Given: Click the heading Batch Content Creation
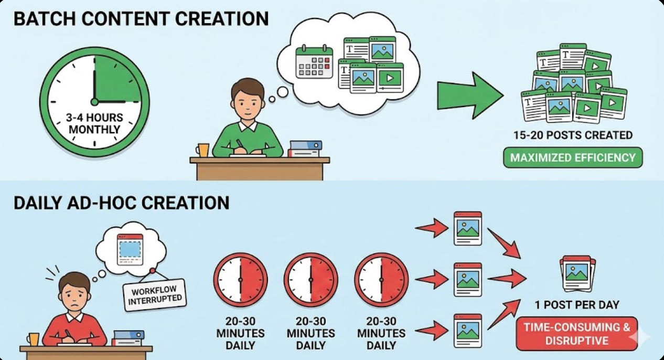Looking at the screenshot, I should pos(141,19).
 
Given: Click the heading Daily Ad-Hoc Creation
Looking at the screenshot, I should pos(121,203).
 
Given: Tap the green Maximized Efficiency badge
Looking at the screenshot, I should pos(573,157).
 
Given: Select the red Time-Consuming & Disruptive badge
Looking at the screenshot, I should pos(576,334).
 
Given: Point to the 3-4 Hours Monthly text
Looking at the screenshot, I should pos(95,123).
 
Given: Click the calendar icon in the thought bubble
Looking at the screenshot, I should pos(314,62).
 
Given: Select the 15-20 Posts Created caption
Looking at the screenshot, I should pos(573,135).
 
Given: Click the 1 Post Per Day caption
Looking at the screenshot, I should pos(576,305).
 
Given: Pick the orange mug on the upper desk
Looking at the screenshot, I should pos(202,150).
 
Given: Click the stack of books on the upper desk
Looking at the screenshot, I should pos(305,149).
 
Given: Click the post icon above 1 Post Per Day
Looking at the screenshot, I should pos(579,273).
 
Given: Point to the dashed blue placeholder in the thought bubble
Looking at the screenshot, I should pos(130,249).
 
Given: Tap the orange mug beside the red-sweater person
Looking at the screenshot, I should pos(33,339).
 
